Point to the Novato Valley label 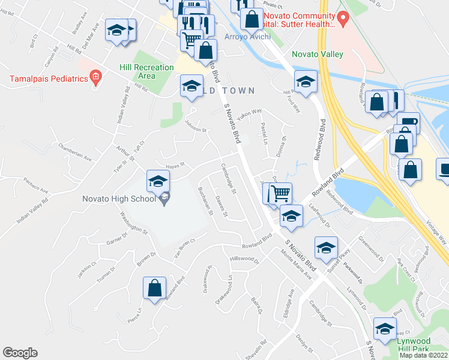click(318, 55)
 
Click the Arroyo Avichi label click(244, 37)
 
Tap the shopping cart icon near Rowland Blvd click(280, 194)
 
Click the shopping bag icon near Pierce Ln click(155, 287)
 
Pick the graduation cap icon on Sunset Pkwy click(326, 247)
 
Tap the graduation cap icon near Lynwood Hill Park click(385, 328)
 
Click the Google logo click(20, 353)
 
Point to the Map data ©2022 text click(423, 355)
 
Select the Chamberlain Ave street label click(74, 151)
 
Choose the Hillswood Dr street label click(244, 259)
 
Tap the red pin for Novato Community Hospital click(343, 19)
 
